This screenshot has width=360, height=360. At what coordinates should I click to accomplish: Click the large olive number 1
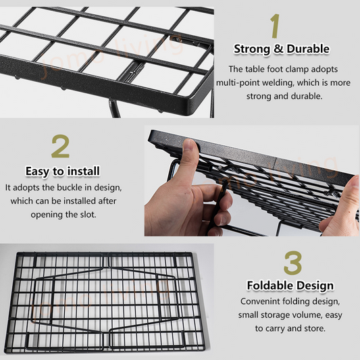coord(275,26)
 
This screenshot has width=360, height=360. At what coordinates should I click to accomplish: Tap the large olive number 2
coord(60,147)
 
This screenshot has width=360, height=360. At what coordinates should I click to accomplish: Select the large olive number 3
coord(292,263)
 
